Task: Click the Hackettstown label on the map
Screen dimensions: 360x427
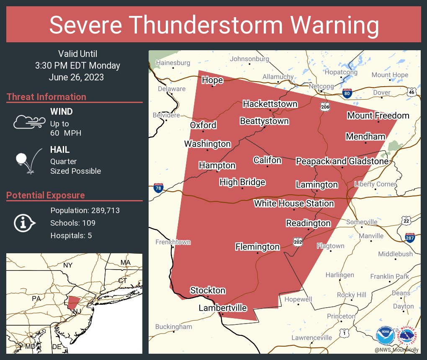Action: pyautogui.click(x=270, y=104)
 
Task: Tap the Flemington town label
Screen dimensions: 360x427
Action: pyautogui.click(x=257, y=247)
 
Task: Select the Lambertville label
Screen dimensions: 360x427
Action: pyautogui.click(x=222, y=308)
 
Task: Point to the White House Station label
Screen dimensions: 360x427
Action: pyautogui.click(x=294, y=203)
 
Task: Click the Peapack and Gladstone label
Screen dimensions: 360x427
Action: pyautogui.click(x=342, y=161)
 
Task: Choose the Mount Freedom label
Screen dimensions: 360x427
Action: pyautogui.click(x=378, y=116)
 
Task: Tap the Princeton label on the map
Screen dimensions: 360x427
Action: pyautogui.click(x=341, y=316)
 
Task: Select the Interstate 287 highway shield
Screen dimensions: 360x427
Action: pyautogui.click(x=410, y=238)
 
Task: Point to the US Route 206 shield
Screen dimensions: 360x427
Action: pyautogui.click(x=325, y=107)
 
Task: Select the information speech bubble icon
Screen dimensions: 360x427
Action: pyautogui.click(x=24, y=223)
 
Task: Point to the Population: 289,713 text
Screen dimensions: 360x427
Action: pyautogui.click(x=85, y=210)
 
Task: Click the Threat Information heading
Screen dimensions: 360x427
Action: pyautogui.click(x=46, y=97)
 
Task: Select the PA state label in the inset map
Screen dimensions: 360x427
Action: pyautogui.click(x=36, y=298)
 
